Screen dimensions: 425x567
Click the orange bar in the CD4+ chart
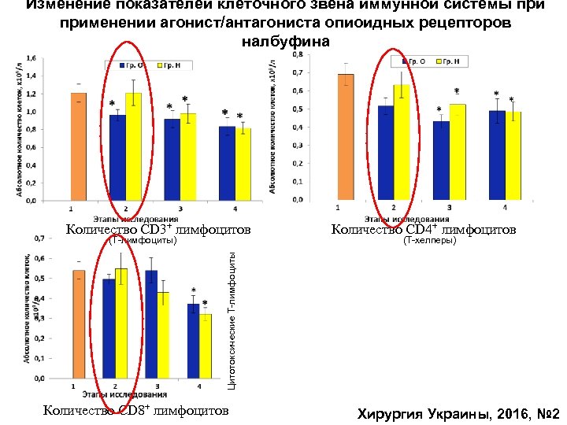click(346, 138)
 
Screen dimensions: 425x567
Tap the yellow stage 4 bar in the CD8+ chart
click(205, 346)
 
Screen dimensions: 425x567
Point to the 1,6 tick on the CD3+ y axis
click(32, 58)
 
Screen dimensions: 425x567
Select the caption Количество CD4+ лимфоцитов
click(424, 230)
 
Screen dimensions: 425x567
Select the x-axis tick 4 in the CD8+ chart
click(199, 386)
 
